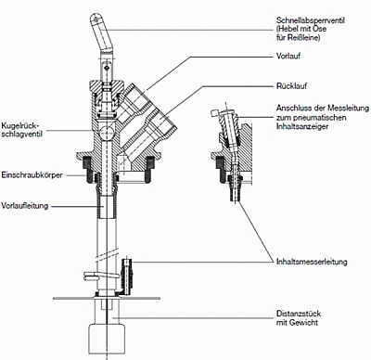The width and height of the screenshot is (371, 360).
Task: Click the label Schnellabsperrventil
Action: pyautogui.click(x=311, y=20)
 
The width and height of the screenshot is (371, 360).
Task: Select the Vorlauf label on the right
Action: pyautogui.click(x=288, y=57)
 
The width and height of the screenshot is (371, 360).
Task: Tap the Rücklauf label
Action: pyautogui.click(x=291, y=85)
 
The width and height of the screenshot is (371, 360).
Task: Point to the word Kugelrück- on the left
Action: pyautogui.click(x=19, y=126)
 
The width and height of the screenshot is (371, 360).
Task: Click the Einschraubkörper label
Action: pyautogui.click(x=32, y=175)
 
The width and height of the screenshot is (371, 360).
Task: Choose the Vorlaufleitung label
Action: pyautogui.click(x=25, y=206)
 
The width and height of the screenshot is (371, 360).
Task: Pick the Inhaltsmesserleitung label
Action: pyautogui.click(x=312, y=262)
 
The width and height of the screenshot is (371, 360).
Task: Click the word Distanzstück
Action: pyautogui.click(x=299, y=314)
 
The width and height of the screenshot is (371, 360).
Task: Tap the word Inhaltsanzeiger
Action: pyautogui.click(x=302, y=126)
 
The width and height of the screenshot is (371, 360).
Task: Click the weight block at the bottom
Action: pyautogui.click(x=107, y=339)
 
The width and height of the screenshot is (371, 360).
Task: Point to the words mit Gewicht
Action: pyautogui.click(x=297, y=323)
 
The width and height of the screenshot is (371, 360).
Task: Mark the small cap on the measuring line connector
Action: pyautogui.click(x=215, y=112)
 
